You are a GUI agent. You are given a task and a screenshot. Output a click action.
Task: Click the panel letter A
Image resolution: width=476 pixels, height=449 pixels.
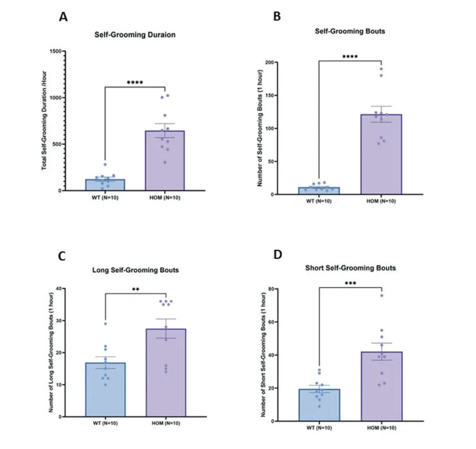[63, 17]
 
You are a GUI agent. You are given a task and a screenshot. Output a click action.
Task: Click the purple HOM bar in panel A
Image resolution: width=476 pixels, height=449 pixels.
[165, 160]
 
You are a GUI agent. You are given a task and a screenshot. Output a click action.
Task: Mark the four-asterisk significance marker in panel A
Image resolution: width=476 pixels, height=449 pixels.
[135, 82]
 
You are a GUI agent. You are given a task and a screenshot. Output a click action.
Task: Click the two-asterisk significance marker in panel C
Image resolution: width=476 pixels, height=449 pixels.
[135, 289]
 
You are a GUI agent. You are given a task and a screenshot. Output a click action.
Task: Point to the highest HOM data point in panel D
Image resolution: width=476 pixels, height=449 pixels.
[381, 296]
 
